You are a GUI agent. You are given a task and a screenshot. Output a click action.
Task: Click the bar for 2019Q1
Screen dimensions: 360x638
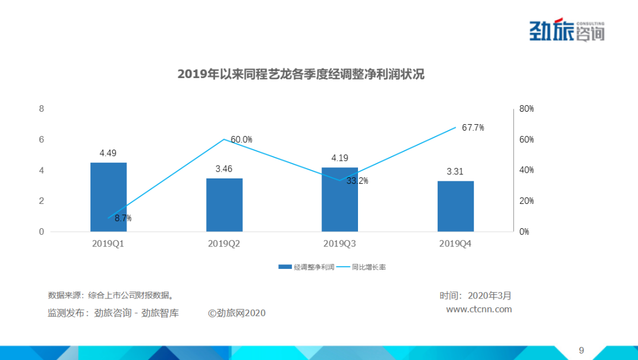tap(108, 197)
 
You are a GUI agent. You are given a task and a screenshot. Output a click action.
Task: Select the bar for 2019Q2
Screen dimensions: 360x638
tap(224, 205)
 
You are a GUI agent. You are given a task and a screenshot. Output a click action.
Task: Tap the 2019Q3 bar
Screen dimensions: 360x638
tap(340, 199)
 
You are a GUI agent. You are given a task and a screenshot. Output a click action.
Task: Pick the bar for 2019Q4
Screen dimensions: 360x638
tap(455, 206)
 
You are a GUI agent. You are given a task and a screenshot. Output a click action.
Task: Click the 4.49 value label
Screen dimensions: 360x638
tap(108, 153)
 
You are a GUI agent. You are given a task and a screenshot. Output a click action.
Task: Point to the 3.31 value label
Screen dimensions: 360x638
tap(455, 171)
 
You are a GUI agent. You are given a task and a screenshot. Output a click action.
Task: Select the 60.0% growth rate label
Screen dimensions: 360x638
tap(241, 140)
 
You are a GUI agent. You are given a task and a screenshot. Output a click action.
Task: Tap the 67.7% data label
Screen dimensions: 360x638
tap(473, 128)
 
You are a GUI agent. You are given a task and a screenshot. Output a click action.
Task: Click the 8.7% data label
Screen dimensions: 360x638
tap(123, 218)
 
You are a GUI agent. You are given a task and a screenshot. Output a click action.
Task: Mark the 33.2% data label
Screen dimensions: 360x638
tap(357, 181)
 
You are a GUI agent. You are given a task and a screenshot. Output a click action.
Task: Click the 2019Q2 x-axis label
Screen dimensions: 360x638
tap(224, 244)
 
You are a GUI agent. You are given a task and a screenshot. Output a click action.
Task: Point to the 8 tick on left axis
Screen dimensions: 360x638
tap(41, 109)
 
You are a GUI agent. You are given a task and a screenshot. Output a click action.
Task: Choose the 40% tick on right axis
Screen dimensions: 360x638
tap(526, 170)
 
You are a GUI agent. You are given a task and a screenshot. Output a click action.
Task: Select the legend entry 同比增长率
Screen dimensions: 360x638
tap(369, 267)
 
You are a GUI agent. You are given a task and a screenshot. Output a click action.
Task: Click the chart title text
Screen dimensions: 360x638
tap(301, 74)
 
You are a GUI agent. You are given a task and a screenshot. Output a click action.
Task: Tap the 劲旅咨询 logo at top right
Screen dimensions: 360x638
tap(567, 30)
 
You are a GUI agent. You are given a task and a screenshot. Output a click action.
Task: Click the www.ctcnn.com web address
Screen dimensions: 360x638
tap(479, 309)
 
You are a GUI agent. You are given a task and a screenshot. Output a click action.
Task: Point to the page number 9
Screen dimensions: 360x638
tap(581, 349)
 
